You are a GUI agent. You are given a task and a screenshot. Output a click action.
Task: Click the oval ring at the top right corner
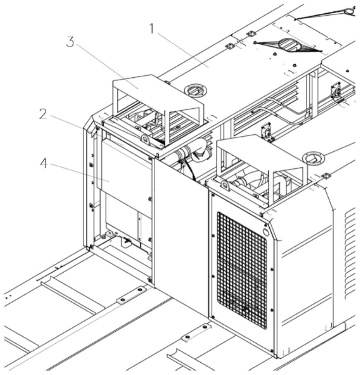[349, 11]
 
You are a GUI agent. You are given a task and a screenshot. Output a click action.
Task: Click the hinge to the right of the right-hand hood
[325, 175]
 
